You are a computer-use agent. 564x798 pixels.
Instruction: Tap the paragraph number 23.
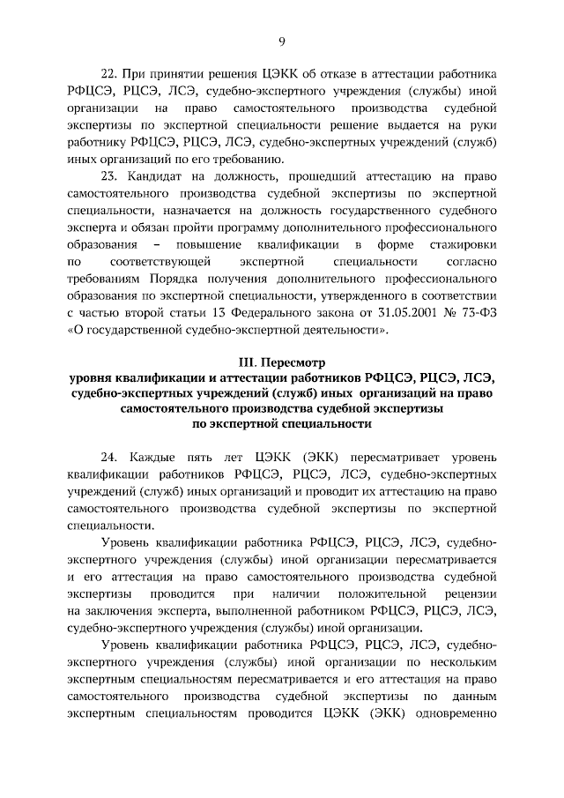pos(109,177)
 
